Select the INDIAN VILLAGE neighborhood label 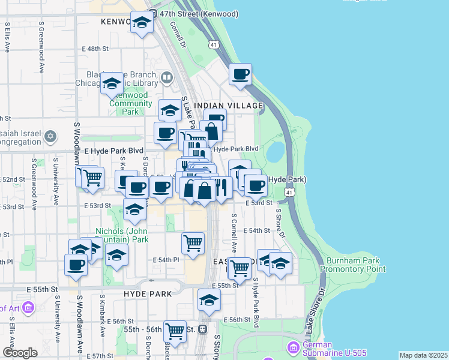click(236, 106)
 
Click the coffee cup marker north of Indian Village click(240, 75)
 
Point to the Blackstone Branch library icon click(166, 77)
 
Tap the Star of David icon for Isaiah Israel click(50, 136)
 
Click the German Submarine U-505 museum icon click(293, 347)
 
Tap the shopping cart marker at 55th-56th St click(175, 331)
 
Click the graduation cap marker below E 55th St click(209, 301)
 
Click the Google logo click(20, 353)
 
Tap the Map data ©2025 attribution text click(423, 355)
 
